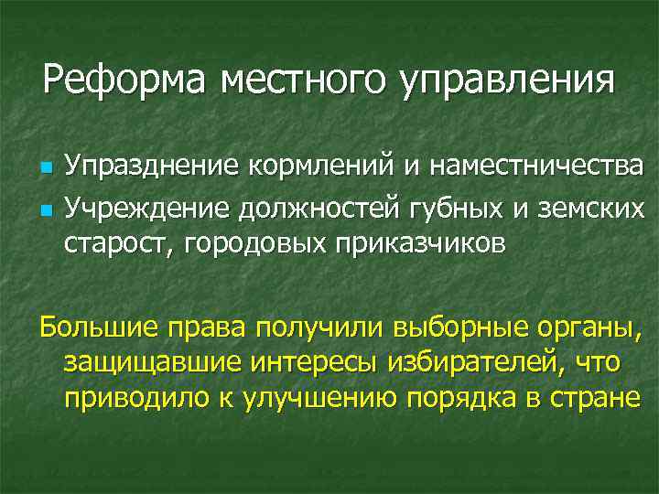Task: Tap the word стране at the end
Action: (593, 401)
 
